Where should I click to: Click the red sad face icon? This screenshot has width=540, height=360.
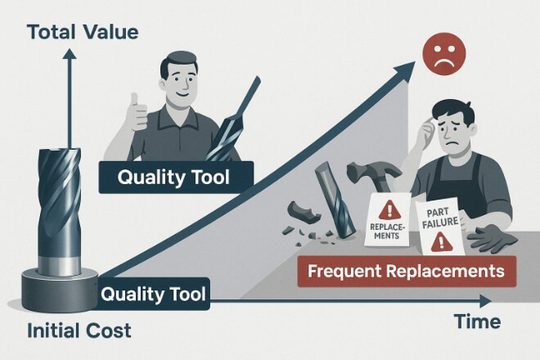pyautogui.click(x=444, y=54)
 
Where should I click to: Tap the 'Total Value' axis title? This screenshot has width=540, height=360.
pyautogui.click(x=83, y=32)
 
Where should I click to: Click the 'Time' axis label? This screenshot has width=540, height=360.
pyautogui.click(x=477, y=322)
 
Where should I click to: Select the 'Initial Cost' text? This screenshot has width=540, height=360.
pyautogui.click(x=79, y=331)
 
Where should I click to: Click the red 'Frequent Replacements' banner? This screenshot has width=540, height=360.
pyautogui.click(x=407, y=272)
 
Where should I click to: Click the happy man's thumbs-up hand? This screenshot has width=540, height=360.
pyautogui.click(x=137, y=112)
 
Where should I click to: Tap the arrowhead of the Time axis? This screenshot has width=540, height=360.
pyautogui.click(x=485, y=301)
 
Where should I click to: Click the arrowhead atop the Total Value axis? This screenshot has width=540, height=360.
pyautogui.click(x=70, y=54)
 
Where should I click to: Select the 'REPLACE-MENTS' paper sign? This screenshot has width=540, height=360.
pyautogui.click(x=388, y=220)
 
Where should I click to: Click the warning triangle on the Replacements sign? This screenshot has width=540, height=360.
pyautogui.click(x=389, y=210)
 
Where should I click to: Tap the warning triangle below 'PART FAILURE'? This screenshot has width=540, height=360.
pyautogui.click(x=442, y=241)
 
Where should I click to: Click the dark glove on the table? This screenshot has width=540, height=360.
pyautogui.click(x=492, y=237)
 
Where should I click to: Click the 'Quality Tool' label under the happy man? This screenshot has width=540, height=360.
pyautogui.click(x=176, y=177)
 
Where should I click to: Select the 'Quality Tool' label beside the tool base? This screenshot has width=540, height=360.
pyautogui.click(x=154, y=294)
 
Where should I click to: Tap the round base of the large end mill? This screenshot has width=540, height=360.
pyautogui.click(x=60, y=290)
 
